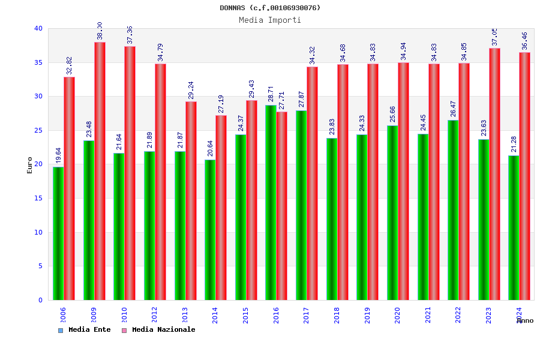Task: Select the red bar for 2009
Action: pos(100,171)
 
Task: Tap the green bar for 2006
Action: pos(58,233)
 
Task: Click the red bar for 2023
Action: pos(494,174)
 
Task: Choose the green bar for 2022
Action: pos(453,210)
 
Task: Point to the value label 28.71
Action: pos(271,94)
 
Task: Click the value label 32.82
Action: pos(70,65)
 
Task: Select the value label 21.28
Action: pos(514,144)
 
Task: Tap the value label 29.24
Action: pos(191,90)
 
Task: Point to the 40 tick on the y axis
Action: pos(38,28)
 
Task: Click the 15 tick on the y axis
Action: pos(38,198)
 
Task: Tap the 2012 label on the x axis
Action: pos(154,315)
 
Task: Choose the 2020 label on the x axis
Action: pos(397,315)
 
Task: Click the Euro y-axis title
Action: pos(30,165)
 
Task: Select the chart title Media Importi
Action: pos(270,20)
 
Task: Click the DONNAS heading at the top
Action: pos(270,8)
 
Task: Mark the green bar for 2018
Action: pos(332,219)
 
